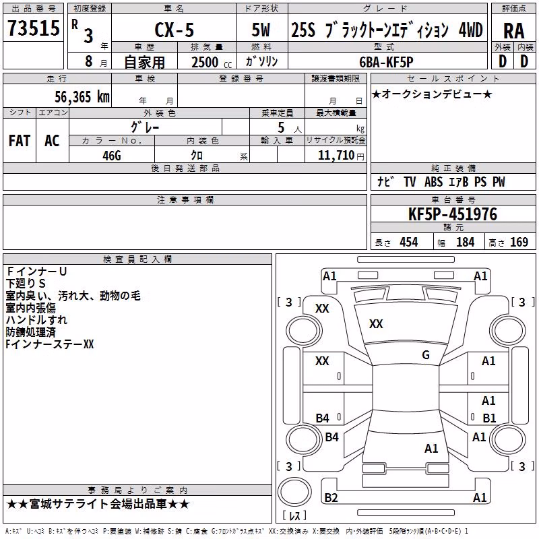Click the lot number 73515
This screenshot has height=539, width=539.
coord(34,28)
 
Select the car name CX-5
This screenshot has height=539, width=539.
coord(175,30)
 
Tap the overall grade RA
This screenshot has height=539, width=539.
coord(513,31)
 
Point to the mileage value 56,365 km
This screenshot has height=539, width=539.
coord(82,97)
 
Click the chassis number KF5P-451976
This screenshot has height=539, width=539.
coord(453,214)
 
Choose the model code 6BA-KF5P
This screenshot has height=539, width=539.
coord(386,62)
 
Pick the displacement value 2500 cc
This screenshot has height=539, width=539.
coord(212,62)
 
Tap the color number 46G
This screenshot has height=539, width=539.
coord(112,156)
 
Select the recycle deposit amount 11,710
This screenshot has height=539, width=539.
coord(336,156)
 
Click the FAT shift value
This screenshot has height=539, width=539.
coord(20,141)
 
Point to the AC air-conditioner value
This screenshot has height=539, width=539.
coord(52,141)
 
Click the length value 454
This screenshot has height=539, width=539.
coord(409,243)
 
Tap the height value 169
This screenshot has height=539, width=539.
coord(519,243)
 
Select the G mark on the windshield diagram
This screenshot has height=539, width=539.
coord(426,355)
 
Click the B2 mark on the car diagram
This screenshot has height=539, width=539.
coord(331,497)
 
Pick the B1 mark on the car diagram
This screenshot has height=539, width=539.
coord(489,418)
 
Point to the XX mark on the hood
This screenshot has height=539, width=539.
coord(376,324)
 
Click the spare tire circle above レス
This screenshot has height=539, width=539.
coord(294,492)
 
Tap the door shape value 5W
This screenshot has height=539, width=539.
coord(261,30)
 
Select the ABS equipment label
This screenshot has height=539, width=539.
coord(433,182)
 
